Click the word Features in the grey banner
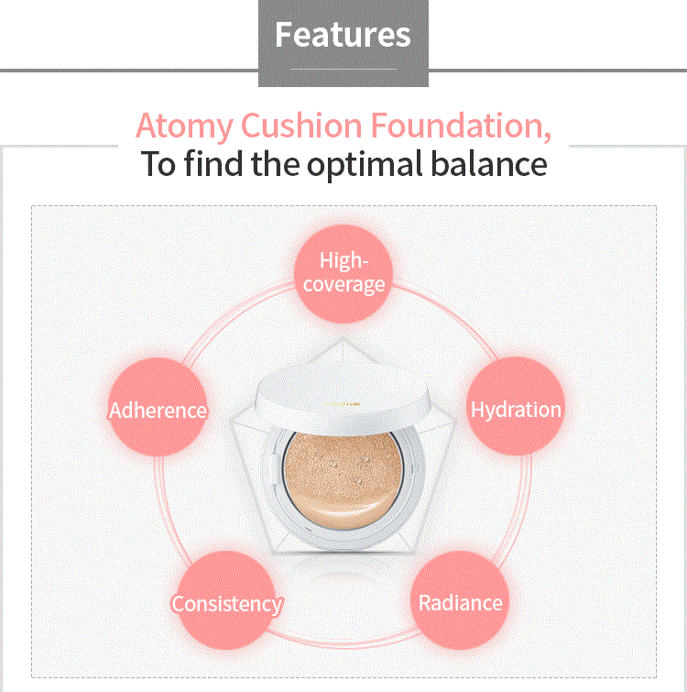343,35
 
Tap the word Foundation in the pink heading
457,125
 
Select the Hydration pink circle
516,409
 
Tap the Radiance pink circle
460,602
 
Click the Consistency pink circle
226,604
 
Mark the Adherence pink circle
158,410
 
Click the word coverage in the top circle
343,284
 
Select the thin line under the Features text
343,69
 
